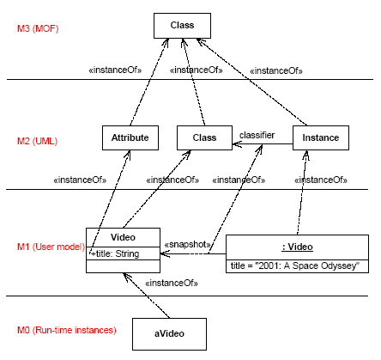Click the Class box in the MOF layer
182,26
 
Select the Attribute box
130,137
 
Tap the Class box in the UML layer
204,137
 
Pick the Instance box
321,137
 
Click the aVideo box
169,334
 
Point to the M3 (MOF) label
38,28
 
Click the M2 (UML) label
37,141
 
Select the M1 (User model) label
51,247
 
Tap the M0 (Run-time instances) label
67,330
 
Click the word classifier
257,135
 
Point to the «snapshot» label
187,244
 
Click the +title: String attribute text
115,253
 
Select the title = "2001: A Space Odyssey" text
295,265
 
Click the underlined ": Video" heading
297,247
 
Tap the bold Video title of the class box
123,237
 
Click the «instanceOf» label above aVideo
172,283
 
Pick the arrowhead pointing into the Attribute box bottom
128,154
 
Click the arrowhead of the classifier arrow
237,143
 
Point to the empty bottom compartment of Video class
123,266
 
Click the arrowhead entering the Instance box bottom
306,155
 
